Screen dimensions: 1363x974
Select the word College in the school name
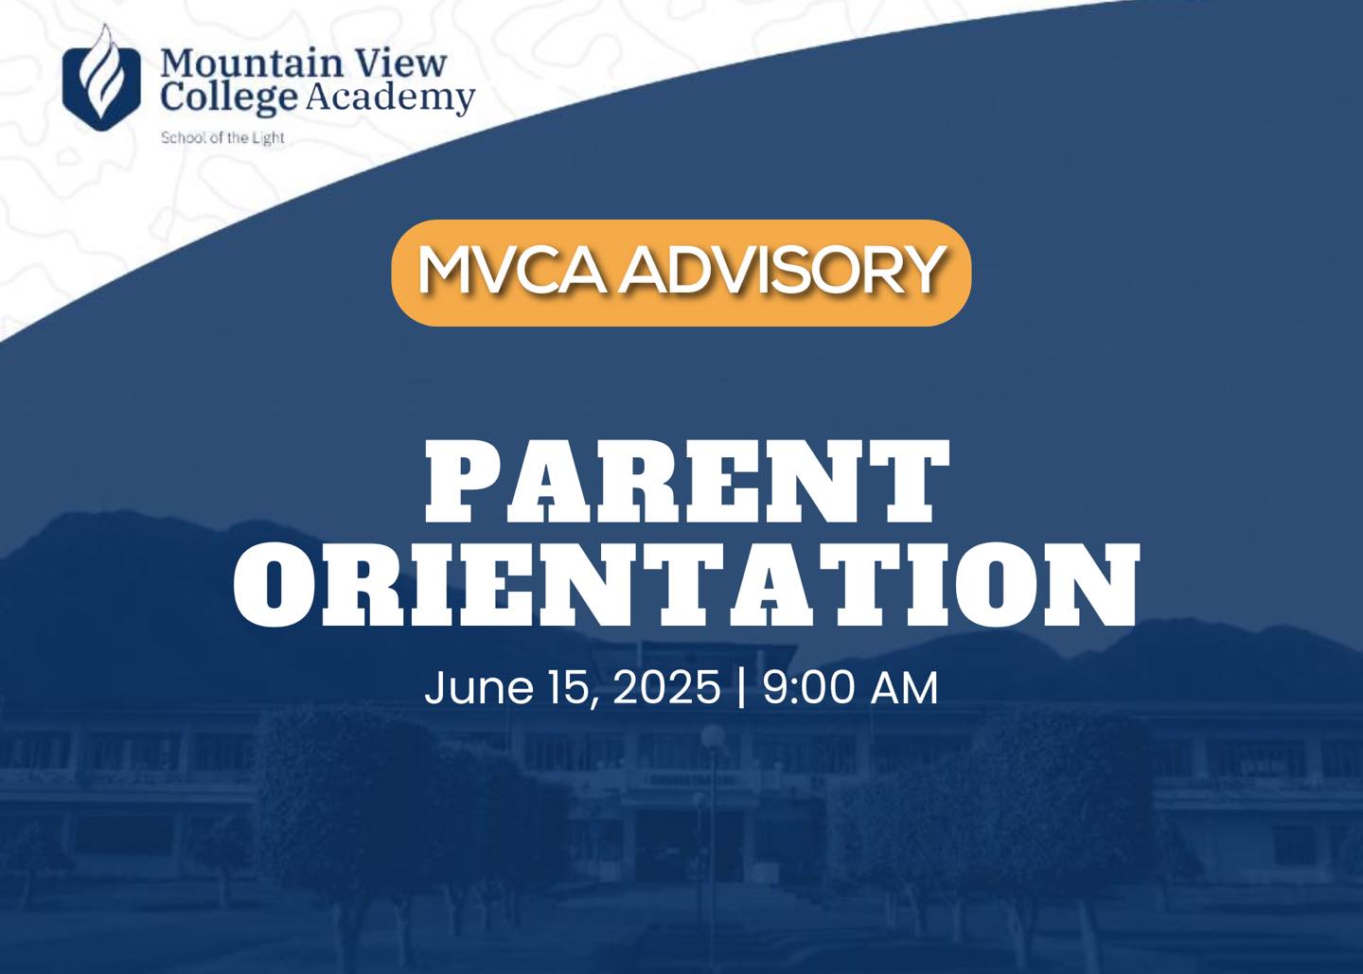230,97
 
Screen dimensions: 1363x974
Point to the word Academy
390,97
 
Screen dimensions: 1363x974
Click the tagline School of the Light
222,138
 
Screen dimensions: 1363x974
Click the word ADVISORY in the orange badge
782,271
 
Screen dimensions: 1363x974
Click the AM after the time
904,688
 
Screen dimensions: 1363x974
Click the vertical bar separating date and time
741,688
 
